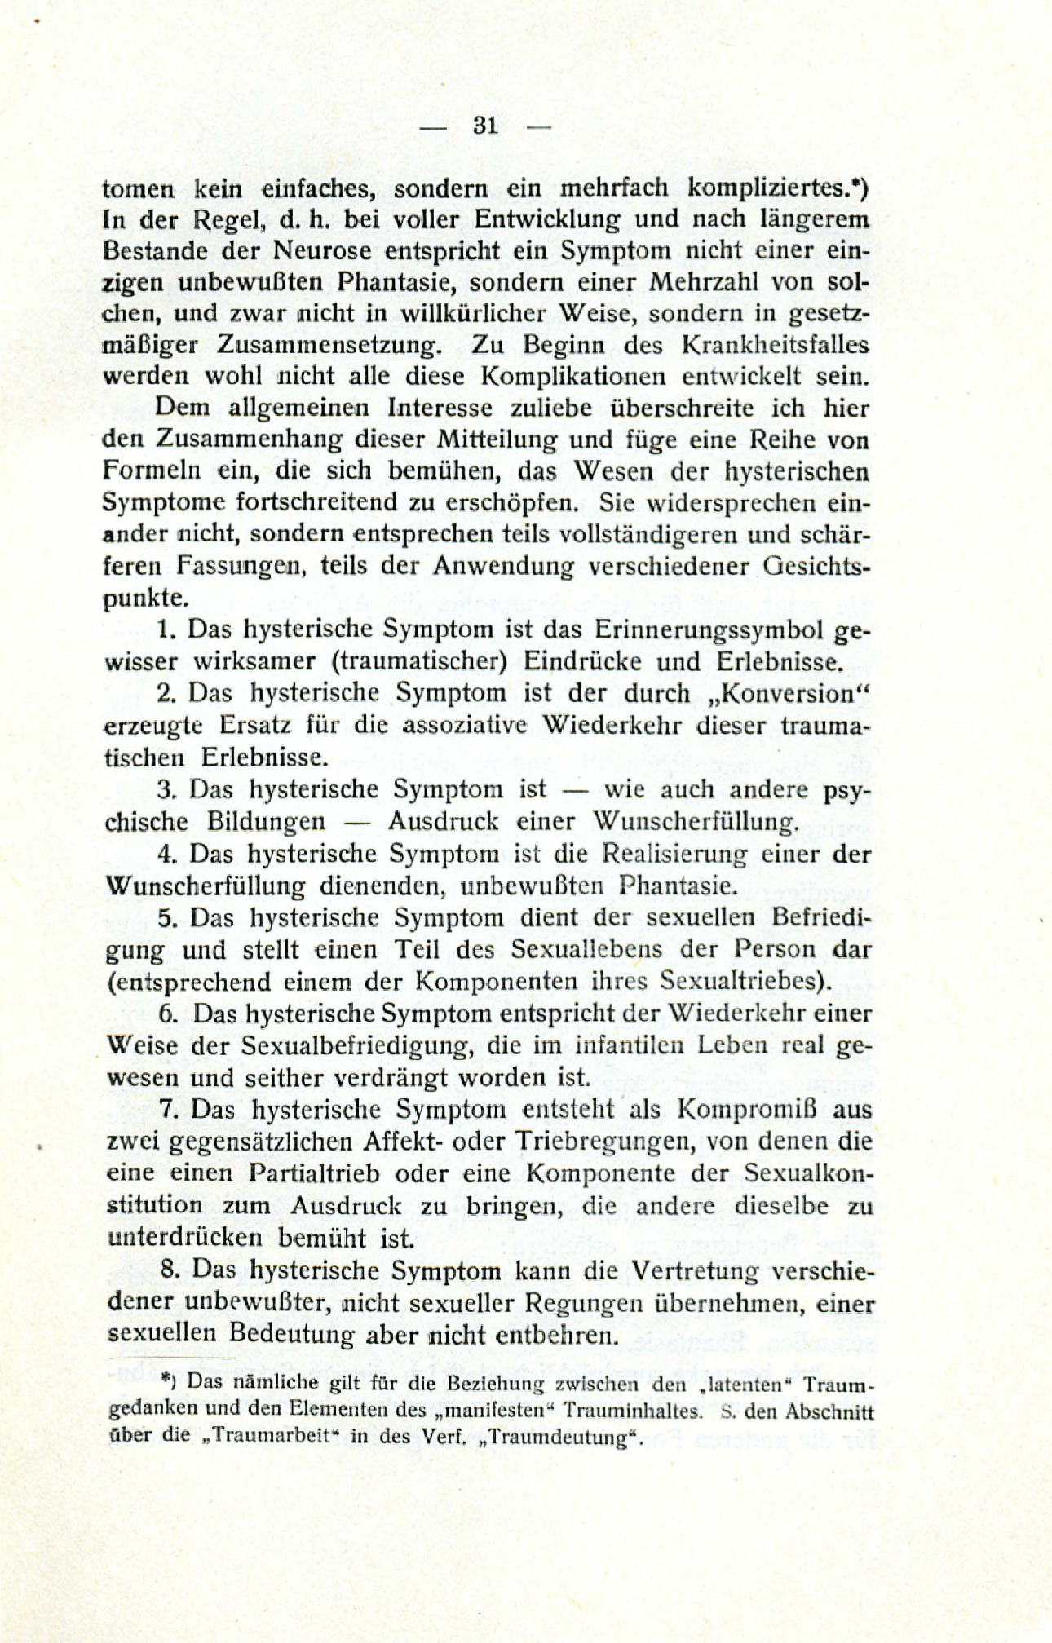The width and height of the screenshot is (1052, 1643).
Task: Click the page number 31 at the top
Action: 484,126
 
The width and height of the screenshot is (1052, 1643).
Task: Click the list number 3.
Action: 166,789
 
